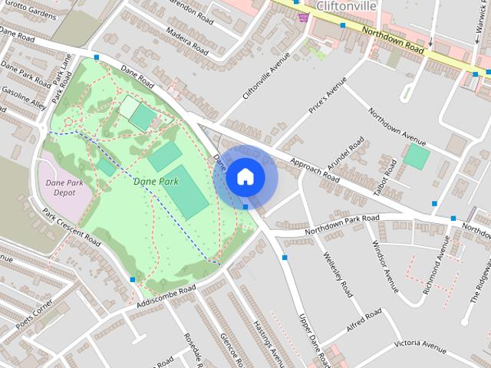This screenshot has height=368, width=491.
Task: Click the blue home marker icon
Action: point(244,177)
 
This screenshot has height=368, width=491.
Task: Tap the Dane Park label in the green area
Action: point(156,182)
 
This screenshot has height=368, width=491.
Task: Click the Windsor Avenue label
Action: point(384,267)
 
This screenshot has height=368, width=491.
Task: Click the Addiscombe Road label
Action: point(165,297)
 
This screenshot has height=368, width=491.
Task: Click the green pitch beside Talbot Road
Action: point(417,157)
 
